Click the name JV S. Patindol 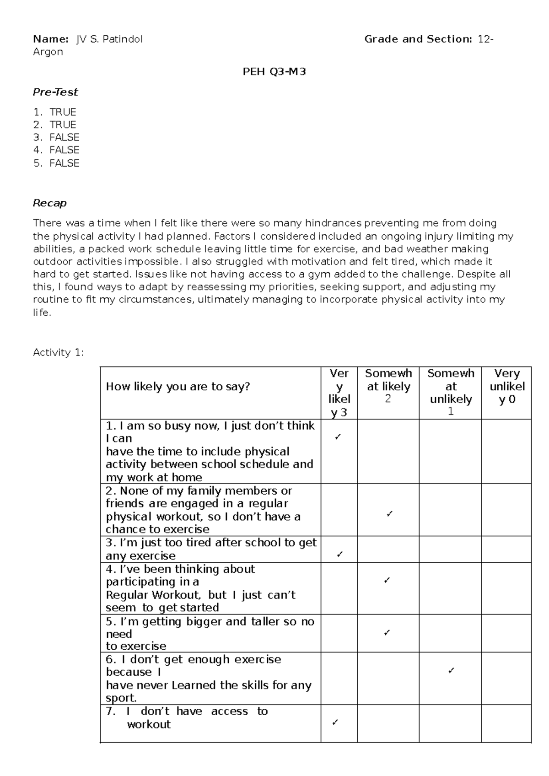[x=109, y=39]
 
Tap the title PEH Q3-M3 [x=274, y=71]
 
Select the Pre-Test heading [x=55, y=92]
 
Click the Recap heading [x=50, y=203]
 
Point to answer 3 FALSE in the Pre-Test [x=64, y=137]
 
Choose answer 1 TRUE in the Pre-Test [x=63, y=112]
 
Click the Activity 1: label [x=59, y=352]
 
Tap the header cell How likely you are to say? [x=178, y=387]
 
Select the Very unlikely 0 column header [x=507, y=386]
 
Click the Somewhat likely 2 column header [x=388, y=386]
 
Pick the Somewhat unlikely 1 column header [x=451, y=392]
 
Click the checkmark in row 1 [x=338, y=437]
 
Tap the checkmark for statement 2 [x=389, y=514]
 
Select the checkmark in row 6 [x=451, y=671]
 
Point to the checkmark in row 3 [x=339, y=555]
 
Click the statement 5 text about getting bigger [x=210, y=634]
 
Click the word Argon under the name [x=48, y=52]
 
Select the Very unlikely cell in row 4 [x=506, y=588]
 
